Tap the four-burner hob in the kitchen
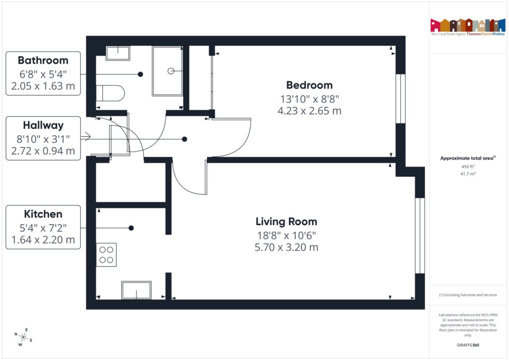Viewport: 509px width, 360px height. [106, 255]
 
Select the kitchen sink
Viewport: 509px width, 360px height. [136, 290]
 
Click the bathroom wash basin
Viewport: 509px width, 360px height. [117, 53]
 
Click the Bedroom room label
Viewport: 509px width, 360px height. [309, 85]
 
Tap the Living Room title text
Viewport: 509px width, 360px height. [286, 221]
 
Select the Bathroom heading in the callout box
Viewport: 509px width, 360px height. [43, 60]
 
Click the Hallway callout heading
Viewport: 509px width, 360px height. [43, 125]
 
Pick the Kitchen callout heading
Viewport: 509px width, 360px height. [43, 214]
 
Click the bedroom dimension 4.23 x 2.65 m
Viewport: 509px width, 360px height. [309, 110]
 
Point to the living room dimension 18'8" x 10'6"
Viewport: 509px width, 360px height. [286, 235]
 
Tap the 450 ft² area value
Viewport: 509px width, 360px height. [468, 167]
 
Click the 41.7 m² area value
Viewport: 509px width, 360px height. [468, 174]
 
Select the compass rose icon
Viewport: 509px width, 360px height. [23, 336]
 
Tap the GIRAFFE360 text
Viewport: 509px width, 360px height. [468, 345]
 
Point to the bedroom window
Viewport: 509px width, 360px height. [399, 98]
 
